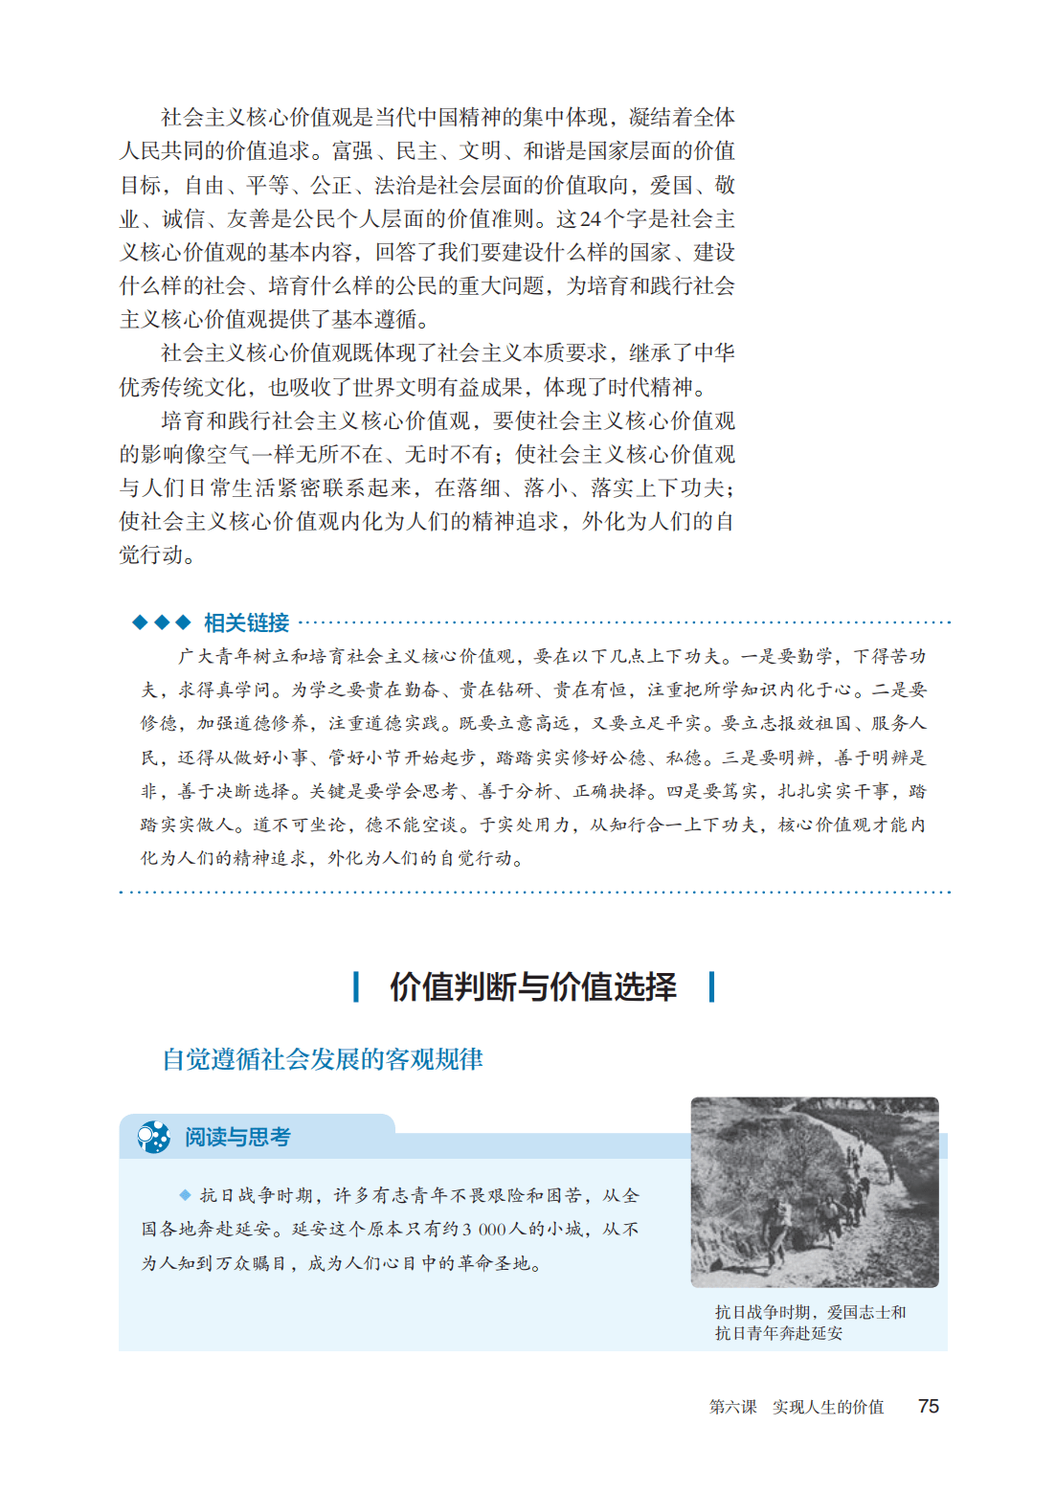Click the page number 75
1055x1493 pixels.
pos(928,1406)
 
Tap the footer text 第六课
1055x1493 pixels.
pos(732,1407)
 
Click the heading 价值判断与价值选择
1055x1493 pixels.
pos(533,986)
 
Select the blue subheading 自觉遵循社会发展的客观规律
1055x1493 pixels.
pos(323,1059)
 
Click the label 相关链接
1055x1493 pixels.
pos(246,623)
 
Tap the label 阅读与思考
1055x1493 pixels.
pos(237,1137)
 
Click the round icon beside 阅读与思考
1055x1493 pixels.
pos(153,1137)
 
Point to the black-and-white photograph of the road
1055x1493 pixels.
pos(815,1191)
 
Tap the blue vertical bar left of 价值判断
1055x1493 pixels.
pos(356,986)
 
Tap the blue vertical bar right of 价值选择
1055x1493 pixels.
pos(711,986)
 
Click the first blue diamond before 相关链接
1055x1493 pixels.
pos(140,622)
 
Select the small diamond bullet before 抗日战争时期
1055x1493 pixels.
pos(185,1195)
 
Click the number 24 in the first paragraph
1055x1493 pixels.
pos(591,219)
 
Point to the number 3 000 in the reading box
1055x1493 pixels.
pos(483,1230)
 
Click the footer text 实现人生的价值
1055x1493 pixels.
pos(828,1407)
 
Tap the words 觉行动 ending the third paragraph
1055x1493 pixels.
pos(151,555)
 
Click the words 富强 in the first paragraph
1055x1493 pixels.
pos(352,151)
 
